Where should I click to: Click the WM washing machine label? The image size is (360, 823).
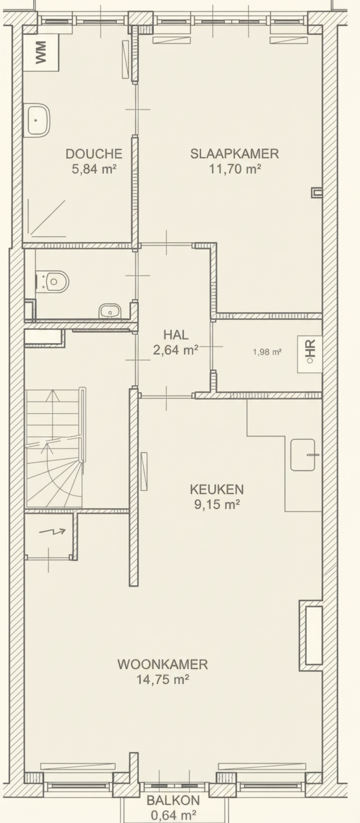pyautogui.click(x=41, y=53)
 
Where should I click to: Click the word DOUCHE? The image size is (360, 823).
pyautogui.click(x=94, y=154)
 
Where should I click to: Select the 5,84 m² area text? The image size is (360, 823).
pyautogui.click(x=94, y=169)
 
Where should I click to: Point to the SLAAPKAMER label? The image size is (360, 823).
pyautogui.click(x=234, y=154)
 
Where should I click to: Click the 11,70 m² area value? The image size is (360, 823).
pyautogui.click(x=235, y=169)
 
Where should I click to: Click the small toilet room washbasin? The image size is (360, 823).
pyautogui.click(x=110, y=311)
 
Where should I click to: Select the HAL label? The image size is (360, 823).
pyautogui.click(x=176, y=335)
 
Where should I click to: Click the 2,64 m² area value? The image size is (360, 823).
pyautogui.click(x=176, y=350)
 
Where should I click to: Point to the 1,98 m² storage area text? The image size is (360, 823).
pyautogui.click(x=267, y=352)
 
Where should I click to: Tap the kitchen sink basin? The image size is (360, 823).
pyautogui.click(x=303, y=455)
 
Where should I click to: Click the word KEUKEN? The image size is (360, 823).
pyautogui.click(x=217, y=489)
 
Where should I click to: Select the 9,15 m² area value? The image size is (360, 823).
pyautogui.click(x=217, y=505)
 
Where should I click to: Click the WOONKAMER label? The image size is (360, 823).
pyautogui.click(x=163, y=664)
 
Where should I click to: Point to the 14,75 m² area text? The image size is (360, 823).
pyautogui.click(x=163, y=680)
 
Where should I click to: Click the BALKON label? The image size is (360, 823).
pyautogui.click(x=173, y=800)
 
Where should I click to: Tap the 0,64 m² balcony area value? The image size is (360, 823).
pyautogui.click(x=173, y=815)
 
